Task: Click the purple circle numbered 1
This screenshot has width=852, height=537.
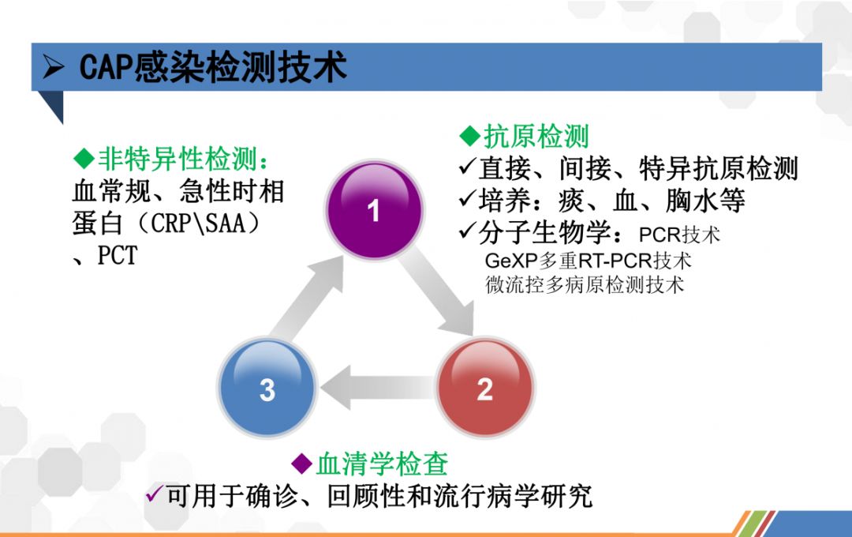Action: (x=374, y=210)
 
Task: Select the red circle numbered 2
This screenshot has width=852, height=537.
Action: (x=485, y=387)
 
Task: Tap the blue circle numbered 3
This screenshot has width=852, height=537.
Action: (x=267, y=387)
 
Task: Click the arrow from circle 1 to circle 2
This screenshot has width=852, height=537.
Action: (x=437, y=291)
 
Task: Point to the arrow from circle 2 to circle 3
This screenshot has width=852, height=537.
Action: (x=377, y=388)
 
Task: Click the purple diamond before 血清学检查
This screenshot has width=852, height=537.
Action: (x=301, y=464)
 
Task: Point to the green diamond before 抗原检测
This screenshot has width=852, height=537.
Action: (x=470, y=136)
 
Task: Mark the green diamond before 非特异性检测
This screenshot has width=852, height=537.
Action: (x=84, y=159)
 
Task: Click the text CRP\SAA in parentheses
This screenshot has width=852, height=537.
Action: (x=197, y=223)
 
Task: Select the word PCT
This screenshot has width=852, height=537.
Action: (x=118, y=256)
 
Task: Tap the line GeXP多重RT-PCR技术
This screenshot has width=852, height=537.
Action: (x=588, y=261)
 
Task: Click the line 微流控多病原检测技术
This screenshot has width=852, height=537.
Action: (x=585, y=284)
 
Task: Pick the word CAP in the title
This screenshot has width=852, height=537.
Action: (x=106, y=67)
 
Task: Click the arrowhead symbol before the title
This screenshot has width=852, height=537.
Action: (x=54, y=67)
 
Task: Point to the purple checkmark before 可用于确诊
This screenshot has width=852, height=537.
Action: (x=155, y=494)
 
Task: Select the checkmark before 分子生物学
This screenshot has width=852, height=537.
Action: (x=468, y=231)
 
